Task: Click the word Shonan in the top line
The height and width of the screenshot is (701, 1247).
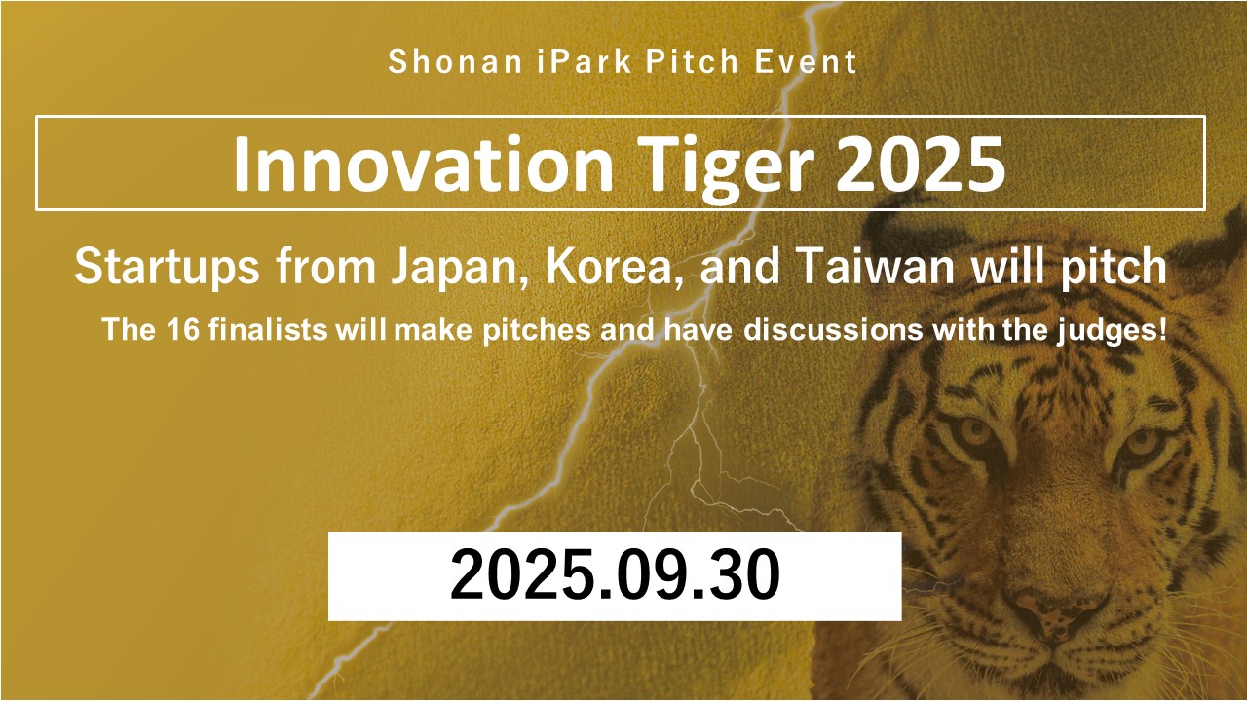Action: pyautogui.click(x=454, y=61)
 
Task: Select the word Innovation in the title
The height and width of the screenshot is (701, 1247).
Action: pyautogui.click(x=423, y=165)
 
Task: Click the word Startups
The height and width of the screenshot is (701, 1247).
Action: pyautogui.click(x=167, y=268)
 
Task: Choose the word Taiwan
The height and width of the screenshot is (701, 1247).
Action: pyautogui.click(x=875, y=266)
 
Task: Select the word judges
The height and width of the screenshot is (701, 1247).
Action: pyautogui.click(x=1107, y=331)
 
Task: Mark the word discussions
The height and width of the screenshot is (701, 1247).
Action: pyautogui.click(x=833, y=329)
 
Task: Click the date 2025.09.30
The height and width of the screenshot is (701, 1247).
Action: pyautogui.click(x=615, y=574)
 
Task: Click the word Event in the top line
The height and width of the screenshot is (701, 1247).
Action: pyautogui.click(x=806, y=61)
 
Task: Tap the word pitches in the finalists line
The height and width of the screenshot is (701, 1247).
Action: pyautogui.click(x=537, y=331)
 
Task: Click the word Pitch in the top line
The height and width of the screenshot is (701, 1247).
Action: pyautogui.click(x=692, y=61)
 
